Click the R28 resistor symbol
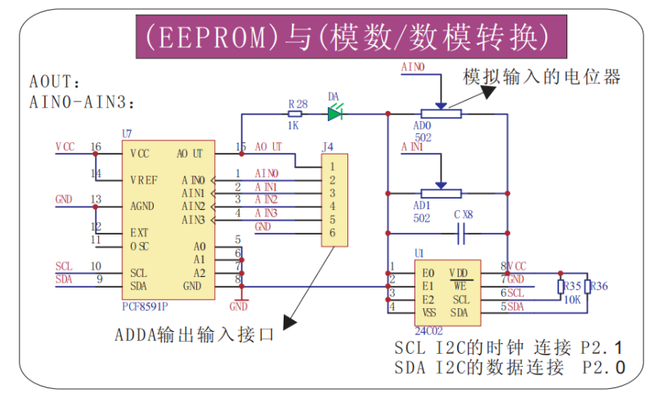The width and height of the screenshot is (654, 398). (x=296, y=114)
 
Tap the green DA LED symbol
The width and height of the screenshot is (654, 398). (x=334, y=114)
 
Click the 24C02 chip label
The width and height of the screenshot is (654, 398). (x=428, y=329)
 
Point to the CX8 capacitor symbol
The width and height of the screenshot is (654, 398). (x=463, y=235)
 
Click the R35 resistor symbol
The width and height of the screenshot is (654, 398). (x=562, y=287)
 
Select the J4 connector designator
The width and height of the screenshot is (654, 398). (x=329, y=147)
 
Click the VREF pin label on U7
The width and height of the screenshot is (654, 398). (x=144, y=179)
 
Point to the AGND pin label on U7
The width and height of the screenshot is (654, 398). (x=142, y=206)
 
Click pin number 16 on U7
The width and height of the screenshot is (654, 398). (x=96, y=147)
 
